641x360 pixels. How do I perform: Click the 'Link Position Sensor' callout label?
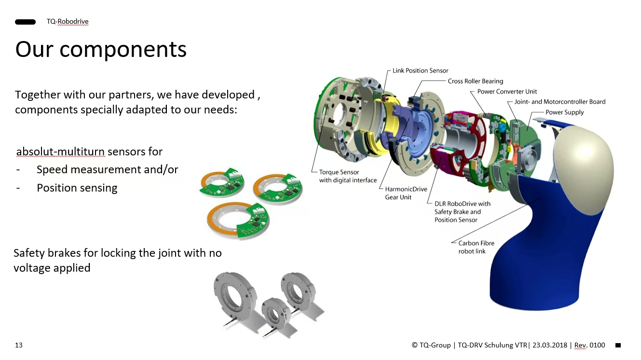click(x=420, y=71)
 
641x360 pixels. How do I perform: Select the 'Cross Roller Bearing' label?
click(x=475, y=82)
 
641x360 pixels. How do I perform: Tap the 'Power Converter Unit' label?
click(x=507, y=92)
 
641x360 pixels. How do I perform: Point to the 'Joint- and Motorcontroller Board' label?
click(x=560, y=102)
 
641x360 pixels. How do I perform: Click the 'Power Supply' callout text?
click(x=565, y=112)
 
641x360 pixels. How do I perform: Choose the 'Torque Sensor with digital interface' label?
click(x=348, y=176)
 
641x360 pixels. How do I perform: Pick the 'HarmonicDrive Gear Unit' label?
click(x=406, y=193)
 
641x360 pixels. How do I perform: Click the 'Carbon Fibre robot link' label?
click(x=476, y=247)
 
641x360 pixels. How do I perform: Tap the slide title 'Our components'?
click(x=101, y=49)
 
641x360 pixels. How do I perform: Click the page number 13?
click(x=19, y=345)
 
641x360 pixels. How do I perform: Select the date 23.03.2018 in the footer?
click(x=550, y=345)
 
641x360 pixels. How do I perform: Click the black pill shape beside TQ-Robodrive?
click(x=25, y=22)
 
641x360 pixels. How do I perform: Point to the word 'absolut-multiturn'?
click(x=60, y=152)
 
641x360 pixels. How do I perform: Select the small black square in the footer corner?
click(x=618, y=346)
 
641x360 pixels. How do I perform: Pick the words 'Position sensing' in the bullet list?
click(x=77, y=188)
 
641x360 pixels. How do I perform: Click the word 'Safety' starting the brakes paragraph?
click(x=28, y=253)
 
